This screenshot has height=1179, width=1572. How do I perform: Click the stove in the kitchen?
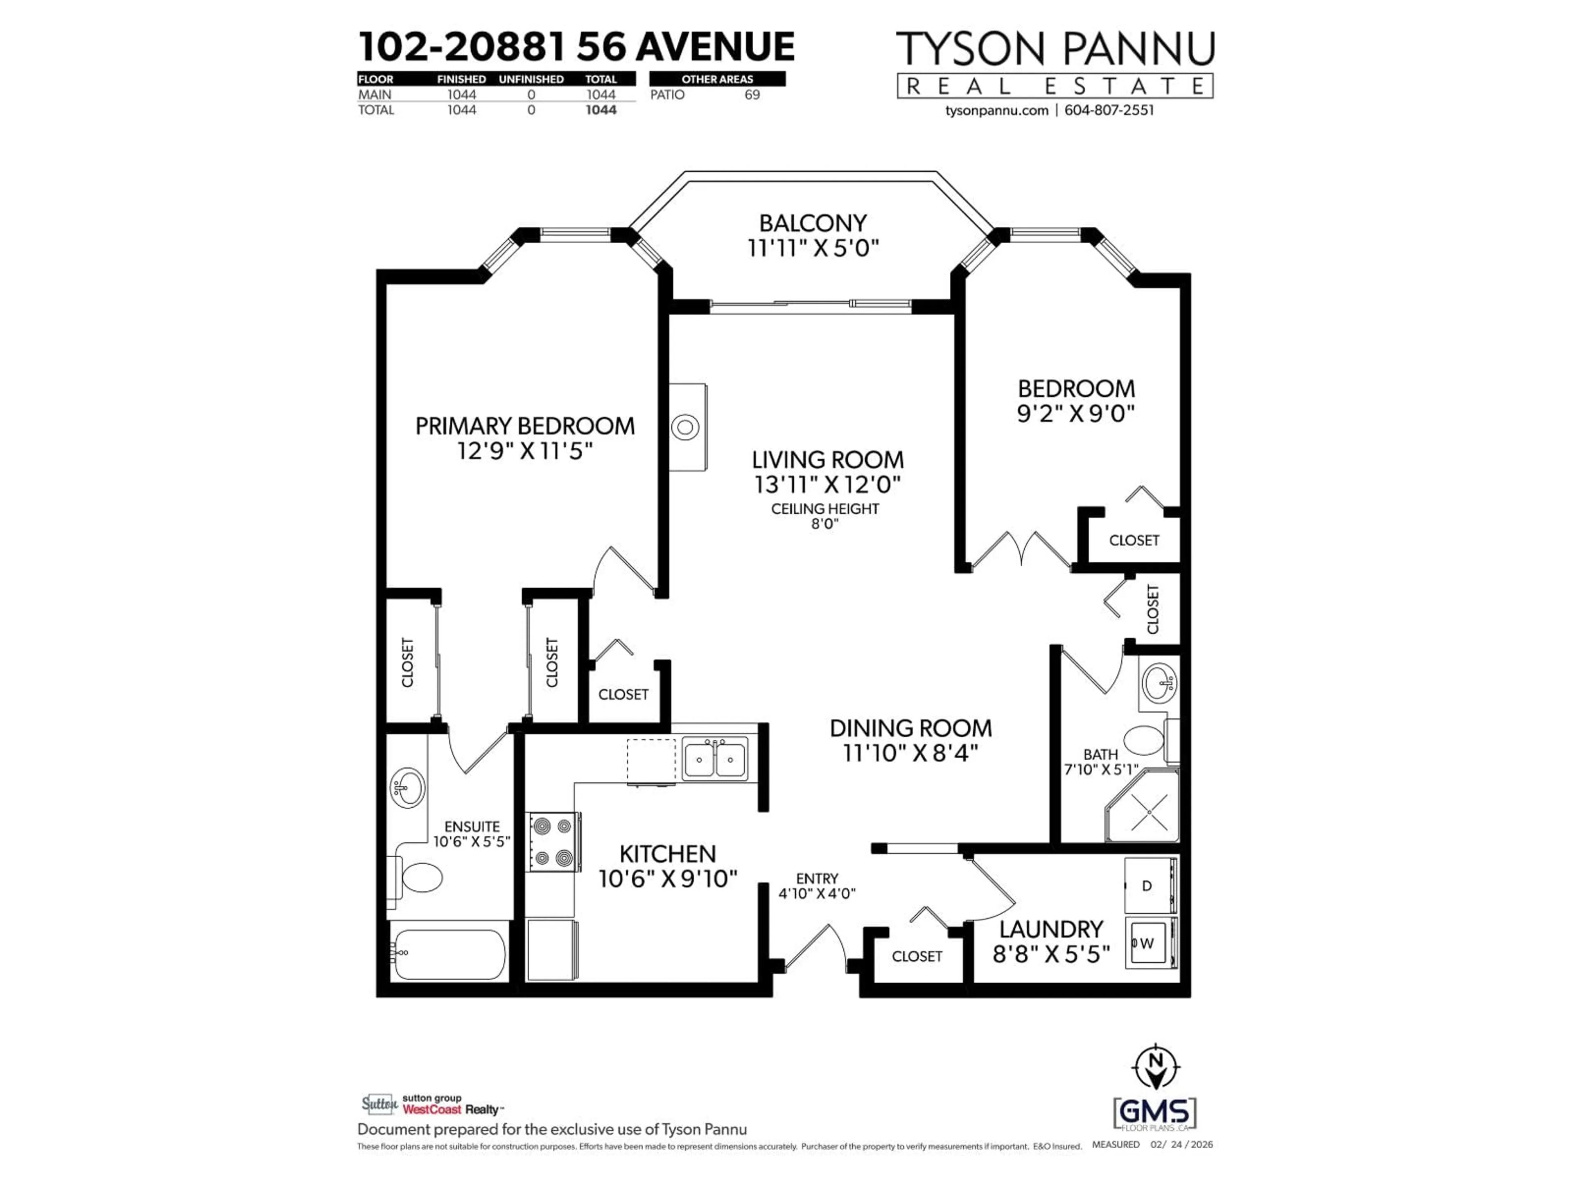pyautogui.click(x=553, y=842)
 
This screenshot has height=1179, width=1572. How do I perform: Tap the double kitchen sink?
pyautogui.click(x=714, y=759)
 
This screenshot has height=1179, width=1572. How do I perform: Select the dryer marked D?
pyautogui.click(x=1148, y=885)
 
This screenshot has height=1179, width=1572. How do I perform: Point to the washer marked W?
pyautogui.click(x=1148, y=943)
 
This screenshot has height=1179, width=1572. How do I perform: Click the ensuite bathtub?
pyautogui.click(x=449, y=954)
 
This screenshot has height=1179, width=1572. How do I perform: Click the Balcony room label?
pyautogui.click(x=812, y=223)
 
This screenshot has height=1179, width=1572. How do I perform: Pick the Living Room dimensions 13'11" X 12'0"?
pyautogui.click(x=827, y=485)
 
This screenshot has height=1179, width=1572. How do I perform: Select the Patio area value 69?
pyautogui.click(x=752, y=95)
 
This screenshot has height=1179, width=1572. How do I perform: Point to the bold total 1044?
pyautogui.click(x=601, y=110)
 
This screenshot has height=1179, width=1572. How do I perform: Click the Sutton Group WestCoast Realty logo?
pyautogui.click(x=432, y=1104)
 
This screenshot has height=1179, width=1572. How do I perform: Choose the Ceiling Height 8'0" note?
pyautogui.click(x=824, y=516)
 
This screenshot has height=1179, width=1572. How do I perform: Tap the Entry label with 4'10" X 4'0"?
pyautogui.click(x=817, y=885)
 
